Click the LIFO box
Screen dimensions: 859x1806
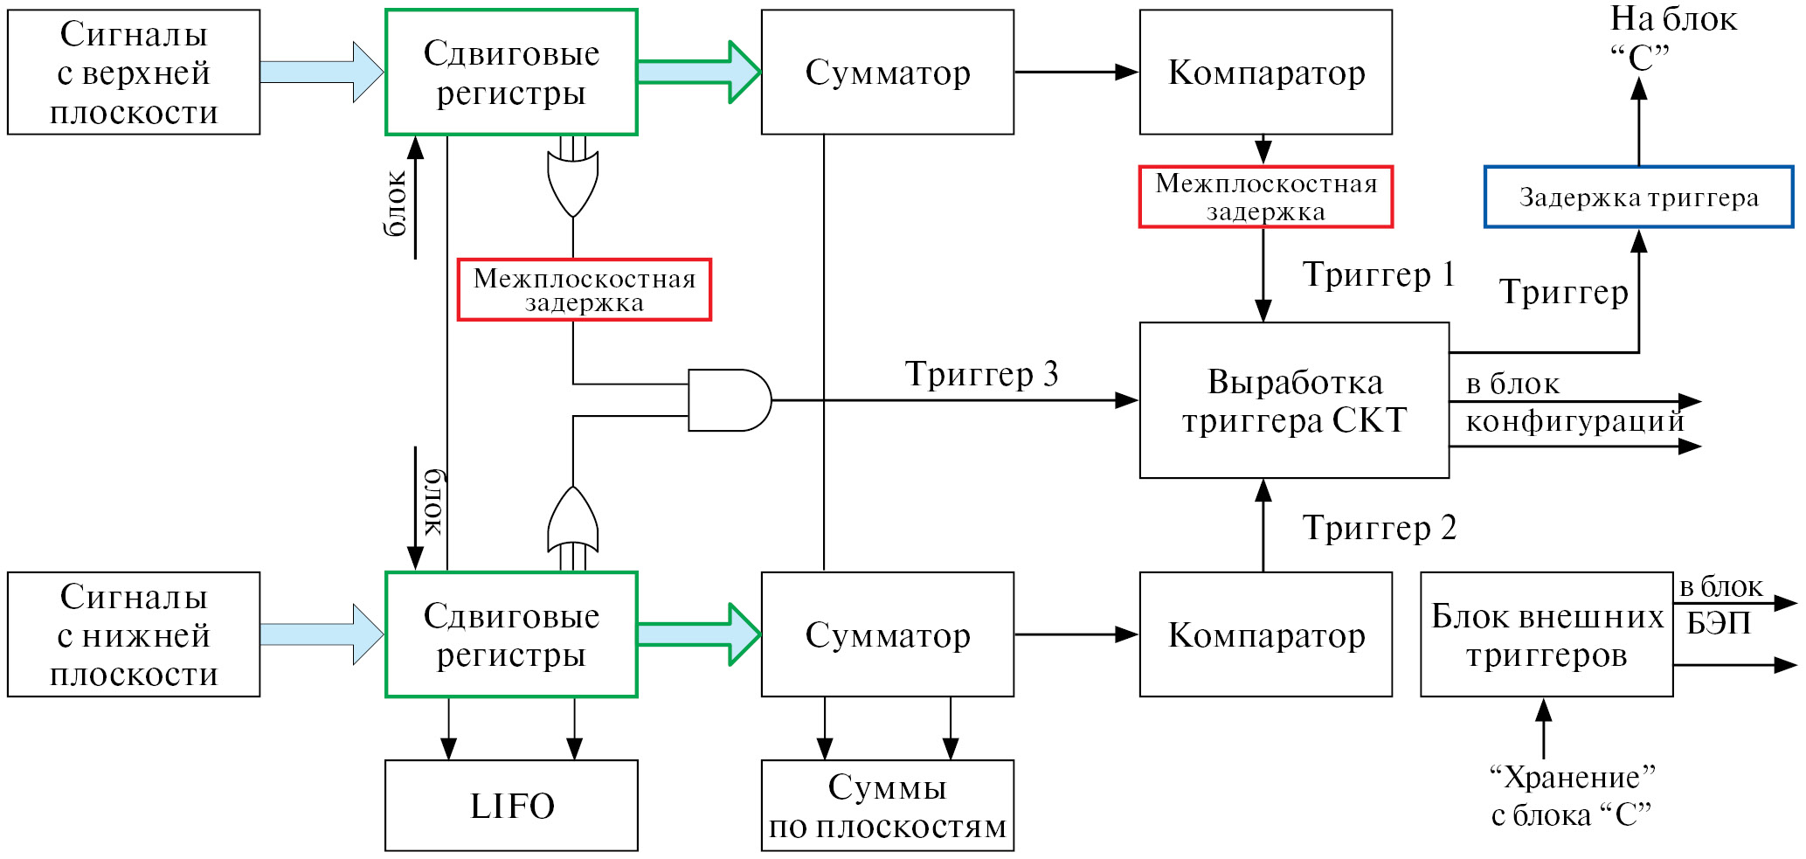click(x=511, y=805)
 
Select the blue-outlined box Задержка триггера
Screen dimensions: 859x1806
click(x=1638, y=197)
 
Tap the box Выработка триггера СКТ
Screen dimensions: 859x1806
click(x=1294, y=400)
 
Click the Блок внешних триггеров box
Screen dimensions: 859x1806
click(x=1547, y=634)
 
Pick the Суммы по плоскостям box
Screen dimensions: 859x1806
click(x=887, y=805)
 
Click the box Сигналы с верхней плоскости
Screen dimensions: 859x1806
click(x=134, y=73)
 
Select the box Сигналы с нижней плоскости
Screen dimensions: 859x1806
click(x=134, y=634)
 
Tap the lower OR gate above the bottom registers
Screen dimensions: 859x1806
click(x=572, y=520)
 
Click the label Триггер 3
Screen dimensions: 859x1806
click(x=981, y=374)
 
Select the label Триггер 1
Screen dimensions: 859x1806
click(x=1379, y=274)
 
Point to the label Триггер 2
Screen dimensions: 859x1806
click(x=1379, y=528)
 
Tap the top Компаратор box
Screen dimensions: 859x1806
click(x=1265, y=73)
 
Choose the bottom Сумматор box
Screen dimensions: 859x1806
click(x=887, y=634)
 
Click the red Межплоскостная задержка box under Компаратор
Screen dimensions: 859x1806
click(x=1265, y=197)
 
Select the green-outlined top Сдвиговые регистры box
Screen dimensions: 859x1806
click(x=511, y=73)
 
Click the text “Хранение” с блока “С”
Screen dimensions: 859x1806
click(x=1571, y=796)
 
